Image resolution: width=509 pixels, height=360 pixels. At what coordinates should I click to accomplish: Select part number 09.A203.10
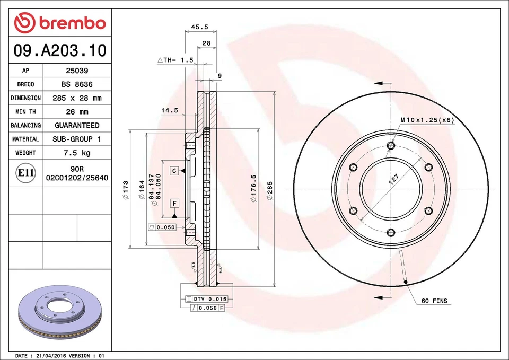tap(60, 50)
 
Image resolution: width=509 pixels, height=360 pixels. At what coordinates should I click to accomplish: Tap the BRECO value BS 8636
tap(77, 84)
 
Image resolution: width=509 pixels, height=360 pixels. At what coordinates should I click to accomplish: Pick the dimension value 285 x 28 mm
tap(77, 98)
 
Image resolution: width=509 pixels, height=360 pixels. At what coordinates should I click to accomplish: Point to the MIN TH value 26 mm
tap(77, 112)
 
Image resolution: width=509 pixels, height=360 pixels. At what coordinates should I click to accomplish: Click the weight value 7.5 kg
tap(77, 153)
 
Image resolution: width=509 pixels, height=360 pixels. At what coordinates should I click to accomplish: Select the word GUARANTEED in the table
tap(77, 126)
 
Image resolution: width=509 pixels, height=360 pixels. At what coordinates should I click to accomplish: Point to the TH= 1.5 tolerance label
tap(175, 60)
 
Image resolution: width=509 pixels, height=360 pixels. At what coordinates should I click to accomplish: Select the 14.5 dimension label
tap(170, 110)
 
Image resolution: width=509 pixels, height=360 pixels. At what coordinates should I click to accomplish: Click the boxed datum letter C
tap(173, 170)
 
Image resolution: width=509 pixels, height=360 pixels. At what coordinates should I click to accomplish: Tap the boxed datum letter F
tap(174, 203)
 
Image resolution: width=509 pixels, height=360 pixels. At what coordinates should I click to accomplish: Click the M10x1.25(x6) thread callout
tap(427, 120)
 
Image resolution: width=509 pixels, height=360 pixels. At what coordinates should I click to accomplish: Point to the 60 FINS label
tap(434, 301)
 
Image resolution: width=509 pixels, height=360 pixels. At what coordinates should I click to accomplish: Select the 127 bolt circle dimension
tap(393, 179)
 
